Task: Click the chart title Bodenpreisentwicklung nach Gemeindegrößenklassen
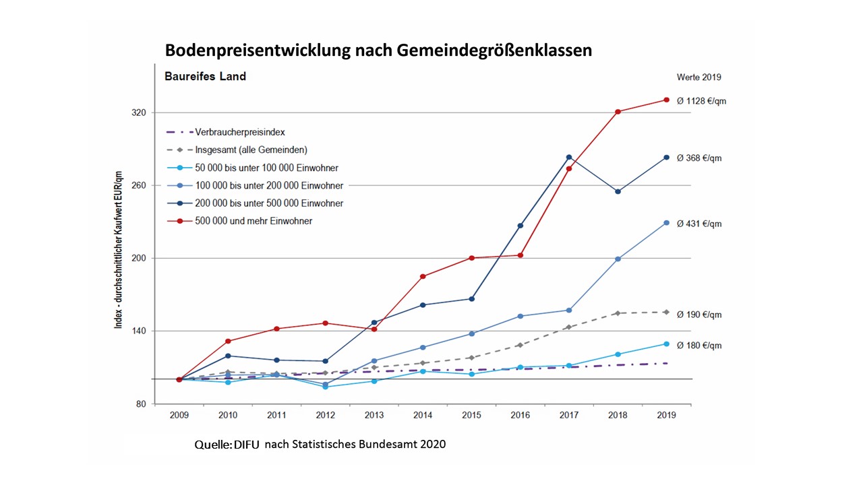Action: (x=378, y=51)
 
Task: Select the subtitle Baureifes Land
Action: (x=205, y=77)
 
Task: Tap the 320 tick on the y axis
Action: (x=139, y=112)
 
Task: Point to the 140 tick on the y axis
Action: (x=139, y=331)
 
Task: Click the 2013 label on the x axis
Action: (x=374, y=415)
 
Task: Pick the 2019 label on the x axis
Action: (x=666, y=415)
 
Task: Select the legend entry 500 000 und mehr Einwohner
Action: (x=254, y=220)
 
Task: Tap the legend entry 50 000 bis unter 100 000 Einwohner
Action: (x=266, y=168)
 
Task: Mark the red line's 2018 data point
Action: (x=618, y=112)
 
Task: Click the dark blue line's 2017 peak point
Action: (x=569, y=158)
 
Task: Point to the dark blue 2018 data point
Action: (x=618, y=191)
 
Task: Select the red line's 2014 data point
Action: (x=423, y=276)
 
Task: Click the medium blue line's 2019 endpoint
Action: (x=666, y=223)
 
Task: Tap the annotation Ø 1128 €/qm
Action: (x=702, y=101)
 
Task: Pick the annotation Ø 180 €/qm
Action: (x=699, y=346)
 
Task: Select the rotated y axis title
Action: (x=119, y=249)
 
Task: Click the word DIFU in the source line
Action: (x=247, y=445)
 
